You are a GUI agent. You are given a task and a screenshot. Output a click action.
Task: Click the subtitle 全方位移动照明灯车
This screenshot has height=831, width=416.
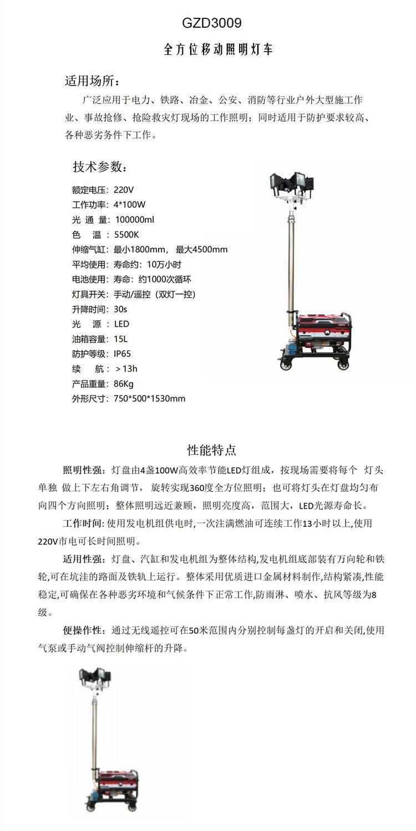pos(219,50)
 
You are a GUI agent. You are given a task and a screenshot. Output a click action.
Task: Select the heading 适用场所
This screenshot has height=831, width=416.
pos(92,81)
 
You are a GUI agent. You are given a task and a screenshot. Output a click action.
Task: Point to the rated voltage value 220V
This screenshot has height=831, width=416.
pos(124,189)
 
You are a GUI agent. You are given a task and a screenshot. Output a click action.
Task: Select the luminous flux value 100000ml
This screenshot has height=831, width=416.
pos(135,219)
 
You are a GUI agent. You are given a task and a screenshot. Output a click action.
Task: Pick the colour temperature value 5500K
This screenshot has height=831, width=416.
pos(127,234)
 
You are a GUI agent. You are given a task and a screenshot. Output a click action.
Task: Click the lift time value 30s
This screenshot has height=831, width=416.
pos(120,309)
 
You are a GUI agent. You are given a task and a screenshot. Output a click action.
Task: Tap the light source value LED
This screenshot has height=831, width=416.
pos(121,324)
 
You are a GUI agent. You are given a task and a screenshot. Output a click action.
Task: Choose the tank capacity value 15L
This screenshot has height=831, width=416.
pos(120,339)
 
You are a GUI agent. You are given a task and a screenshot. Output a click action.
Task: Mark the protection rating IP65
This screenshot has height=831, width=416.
pos(123,353)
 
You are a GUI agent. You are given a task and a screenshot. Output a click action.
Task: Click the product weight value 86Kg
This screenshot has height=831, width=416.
pos(124,384)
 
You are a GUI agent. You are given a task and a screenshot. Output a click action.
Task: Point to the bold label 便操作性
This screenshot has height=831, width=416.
pos(83,631)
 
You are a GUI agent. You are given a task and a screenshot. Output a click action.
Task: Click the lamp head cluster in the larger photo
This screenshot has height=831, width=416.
pos(291,183)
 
